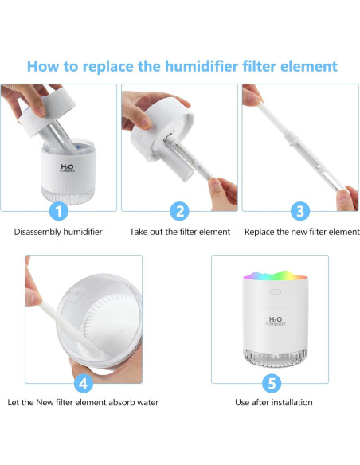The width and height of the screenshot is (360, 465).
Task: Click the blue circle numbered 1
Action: pyautogui.click(x=59, y=211)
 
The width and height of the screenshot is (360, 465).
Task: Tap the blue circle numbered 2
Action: pyautogui.click(x=179, y=211)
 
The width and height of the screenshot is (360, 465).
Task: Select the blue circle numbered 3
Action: pyautogui.click(x=300, y=211)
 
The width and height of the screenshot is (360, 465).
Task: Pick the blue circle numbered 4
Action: pyautogui.click(x=84, y=383)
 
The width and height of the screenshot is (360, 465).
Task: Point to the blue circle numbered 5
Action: pyautogui.click(x=272, y=383)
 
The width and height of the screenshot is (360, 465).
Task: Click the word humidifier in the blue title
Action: pyautogui.click(x=202, y=66)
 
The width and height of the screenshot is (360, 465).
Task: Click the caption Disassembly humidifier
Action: pyautogui.click(x=58, y=232)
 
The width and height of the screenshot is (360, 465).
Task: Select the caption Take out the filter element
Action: pyautogui.click(x=180, y=232)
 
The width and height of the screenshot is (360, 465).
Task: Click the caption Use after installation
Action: pyautogui.click(x=274, y=402)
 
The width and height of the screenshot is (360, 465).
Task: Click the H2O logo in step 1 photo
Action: pyautogui.click(x=67, y=168)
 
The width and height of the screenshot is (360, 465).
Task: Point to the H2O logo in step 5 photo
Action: pyautogui.click(x=276, y=321)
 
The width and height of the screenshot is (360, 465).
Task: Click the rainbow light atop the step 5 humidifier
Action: pyautogui.click(x=276, y=275)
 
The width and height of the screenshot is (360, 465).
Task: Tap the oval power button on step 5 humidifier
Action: pyautogui.click(x=276, y=291)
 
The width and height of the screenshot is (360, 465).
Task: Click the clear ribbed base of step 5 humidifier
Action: pyautogui.click(x=275, y=357)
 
